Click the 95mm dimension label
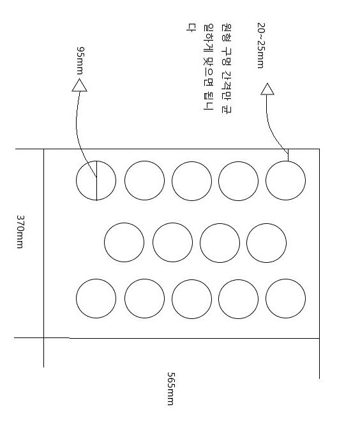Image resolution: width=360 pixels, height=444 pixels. point(80,61)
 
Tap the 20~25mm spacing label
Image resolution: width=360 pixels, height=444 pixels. point(261,45)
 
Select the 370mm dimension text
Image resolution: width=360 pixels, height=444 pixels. point(20,232)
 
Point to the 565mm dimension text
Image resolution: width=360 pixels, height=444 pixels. point(171,389)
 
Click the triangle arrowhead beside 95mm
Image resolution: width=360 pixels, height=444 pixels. point(79,85)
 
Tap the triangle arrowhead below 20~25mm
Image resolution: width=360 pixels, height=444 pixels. point(267,89)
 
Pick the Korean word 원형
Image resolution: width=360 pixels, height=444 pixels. point(227,32)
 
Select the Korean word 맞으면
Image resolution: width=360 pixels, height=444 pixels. point(209,71)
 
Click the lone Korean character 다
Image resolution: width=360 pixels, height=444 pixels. point(190,27)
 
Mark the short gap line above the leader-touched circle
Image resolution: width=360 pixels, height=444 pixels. point(288,155)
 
